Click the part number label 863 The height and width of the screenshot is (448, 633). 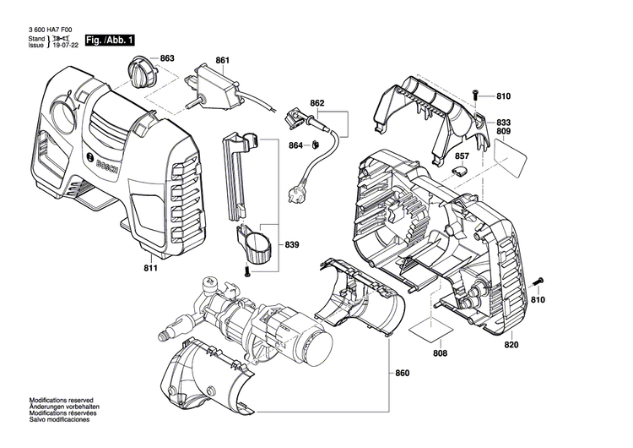pos(167,58)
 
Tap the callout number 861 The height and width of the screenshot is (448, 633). pos(222,60)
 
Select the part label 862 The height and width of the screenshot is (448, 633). pos(317,103)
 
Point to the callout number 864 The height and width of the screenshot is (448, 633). pos(295,145)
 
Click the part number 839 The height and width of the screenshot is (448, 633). pos(292,245)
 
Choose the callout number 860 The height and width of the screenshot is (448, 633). pos(402,373)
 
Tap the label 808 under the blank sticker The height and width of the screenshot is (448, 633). pos(440,352)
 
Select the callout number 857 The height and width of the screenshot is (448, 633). pos(462,156)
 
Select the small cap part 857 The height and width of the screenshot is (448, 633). pos(462,170)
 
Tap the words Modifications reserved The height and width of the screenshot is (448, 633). pos(61,400)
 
